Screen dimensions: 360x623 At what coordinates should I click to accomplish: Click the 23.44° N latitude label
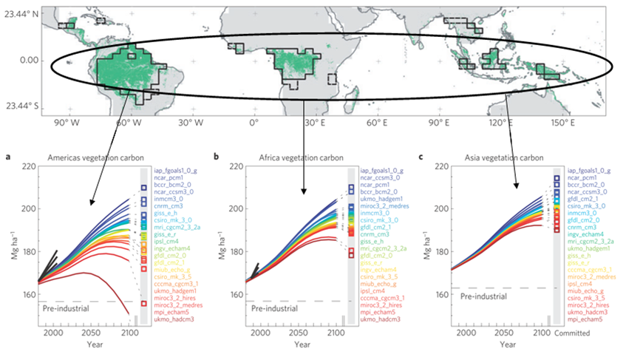coord(20,13)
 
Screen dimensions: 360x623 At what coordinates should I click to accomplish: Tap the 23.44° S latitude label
coord(20,106)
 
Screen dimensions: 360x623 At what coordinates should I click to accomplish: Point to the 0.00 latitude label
coord(27,60)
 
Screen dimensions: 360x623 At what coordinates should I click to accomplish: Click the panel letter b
coord(216,157)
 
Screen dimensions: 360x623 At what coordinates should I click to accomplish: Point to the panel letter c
coord(421,157)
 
